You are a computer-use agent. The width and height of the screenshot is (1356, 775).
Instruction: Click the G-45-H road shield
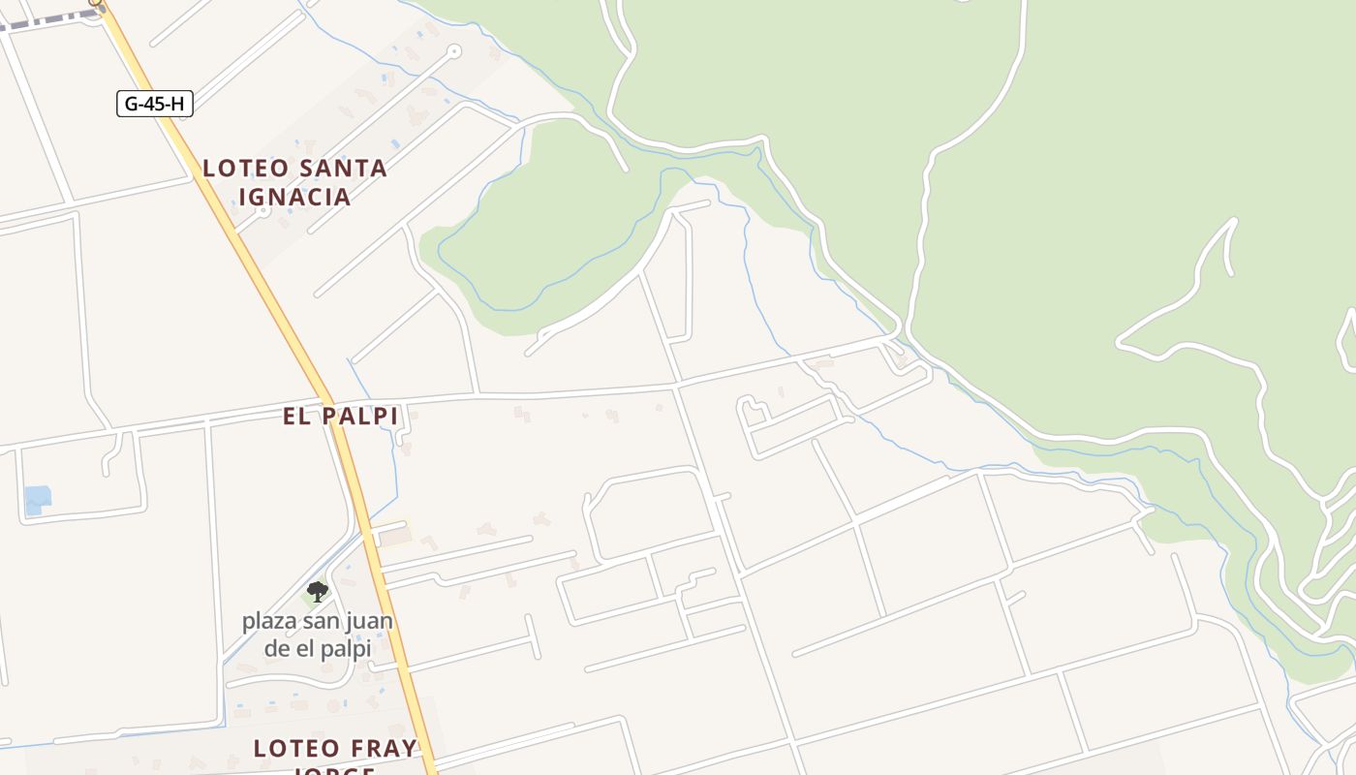tap(155, 104)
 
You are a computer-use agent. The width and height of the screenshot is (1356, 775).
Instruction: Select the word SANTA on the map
tap(343, 169)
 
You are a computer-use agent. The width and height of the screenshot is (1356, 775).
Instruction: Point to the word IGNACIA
tap(294, 197)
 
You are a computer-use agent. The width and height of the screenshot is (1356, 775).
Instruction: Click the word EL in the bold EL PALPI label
tap(295, 417)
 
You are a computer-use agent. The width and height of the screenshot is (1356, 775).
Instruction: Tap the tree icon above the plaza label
tap(317, 591)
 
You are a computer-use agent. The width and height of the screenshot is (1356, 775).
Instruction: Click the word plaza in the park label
tap(271, 620)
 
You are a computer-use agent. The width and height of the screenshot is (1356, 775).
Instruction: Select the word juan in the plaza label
tap(369, 620)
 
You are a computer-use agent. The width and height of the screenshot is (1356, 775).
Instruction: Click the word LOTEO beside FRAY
tap(297, 749)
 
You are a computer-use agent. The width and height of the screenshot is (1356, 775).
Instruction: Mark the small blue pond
tap(38, 500)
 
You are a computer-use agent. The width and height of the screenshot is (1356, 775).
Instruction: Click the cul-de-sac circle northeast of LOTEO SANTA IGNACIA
tap(454, 51)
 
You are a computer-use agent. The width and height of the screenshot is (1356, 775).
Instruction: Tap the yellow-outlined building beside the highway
tap(393, 535)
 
